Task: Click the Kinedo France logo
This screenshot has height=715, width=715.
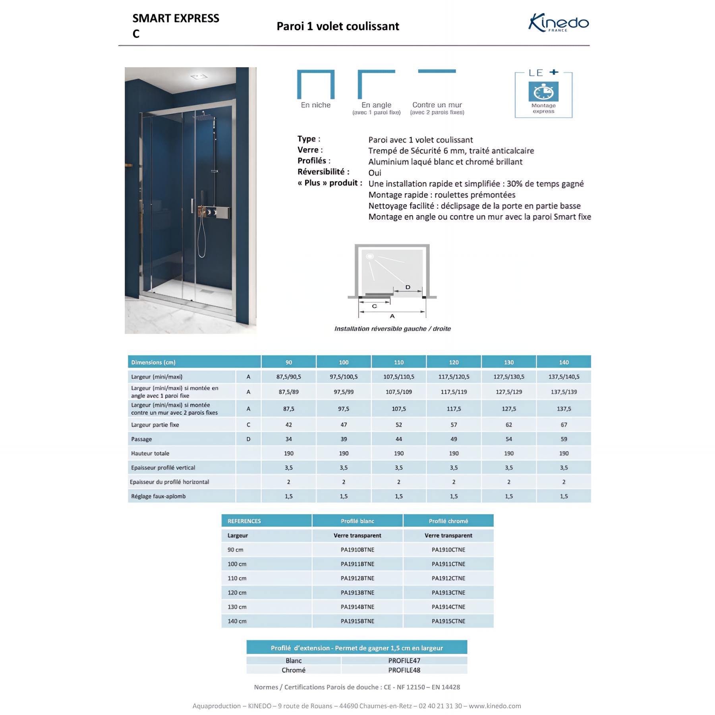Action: click(558, 23)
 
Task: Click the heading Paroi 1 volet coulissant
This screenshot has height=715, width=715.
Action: click(338, 26)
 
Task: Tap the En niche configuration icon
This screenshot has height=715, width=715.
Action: click(316, 85)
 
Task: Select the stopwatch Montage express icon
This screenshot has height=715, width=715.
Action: click(543, 92)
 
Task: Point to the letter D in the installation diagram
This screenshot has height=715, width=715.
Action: click(408, 287)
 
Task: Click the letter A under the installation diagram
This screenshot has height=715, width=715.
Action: click(392, 316)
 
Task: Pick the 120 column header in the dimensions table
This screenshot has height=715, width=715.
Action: click(454, 362)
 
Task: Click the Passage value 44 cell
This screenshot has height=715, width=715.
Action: click(398, 439)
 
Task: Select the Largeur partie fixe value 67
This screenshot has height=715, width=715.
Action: click(564, 425)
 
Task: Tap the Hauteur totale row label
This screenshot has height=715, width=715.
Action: click(150, 453)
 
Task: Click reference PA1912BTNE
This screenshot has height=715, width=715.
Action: click(357, 578)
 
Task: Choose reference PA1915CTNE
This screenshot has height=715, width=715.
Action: click(448, 621)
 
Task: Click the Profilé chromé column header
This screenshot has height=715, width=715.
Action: click(448, 521)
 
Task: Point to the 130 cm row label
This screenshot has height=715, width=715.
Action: click(237, 607)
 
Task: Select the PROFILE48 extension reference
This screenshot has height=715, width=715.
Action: click(404, 670)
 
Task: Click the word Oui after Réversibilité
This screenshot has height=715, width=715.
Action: click(375, 173)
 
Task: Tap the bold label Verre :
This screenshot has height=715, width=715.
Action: click(310, 150)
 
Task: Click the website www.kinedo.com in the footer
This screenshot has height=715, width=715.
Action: click(495, 705)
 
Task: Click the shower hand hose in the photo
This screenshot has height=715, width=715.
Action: click(201, 238)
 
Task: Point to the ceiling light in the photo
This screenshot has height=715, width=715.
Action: click(199, 77)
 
